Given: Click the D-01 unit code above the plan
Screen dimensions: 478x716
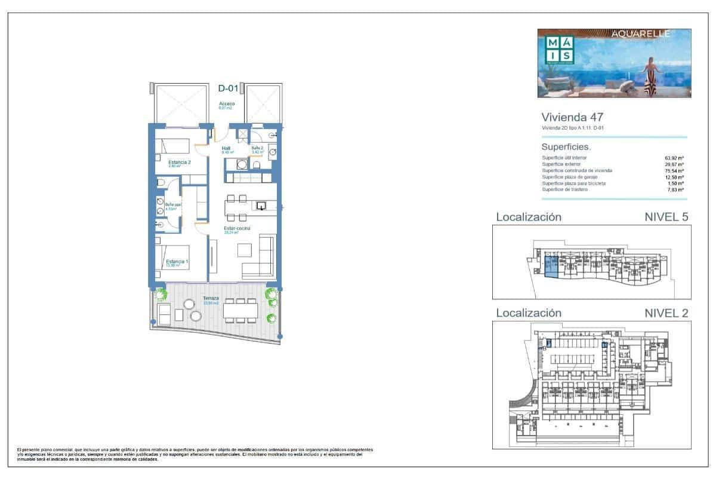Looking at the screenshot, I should (x=228, y=89).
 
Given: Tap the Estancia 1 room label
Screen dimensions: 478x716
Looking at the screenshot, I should (x=178, y=262).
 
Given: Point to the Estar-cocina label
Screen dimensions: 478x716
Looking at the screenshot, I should (x=237, y=228).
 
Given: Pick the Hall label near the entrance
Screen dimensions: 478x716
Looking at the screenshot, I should (x=226, y=148).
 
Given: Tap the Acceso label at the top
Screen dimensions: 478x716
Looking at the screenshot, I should (x=227, y=104).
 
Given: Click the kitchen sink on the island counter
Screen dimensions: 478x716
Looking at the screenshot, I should (x=261, y=206).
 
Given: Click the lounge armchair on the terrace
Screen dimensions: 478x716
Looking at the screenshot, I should (x=163, y=312).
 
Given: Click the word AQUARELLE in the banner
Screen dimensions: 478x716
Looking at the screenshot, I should (x=641, y=34).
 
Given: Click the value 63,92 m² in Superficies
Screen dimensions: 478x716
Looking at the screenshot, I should (x=674, y=158).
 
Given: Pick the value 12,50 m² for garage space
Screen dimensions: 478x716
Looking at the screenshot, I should (x=674, y=177).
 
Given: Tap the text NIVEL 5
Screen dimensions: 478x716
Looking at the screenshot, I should (x=666, y=217).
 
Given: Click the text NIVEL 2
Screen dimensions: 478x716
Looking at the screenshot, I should (x=666, y=313).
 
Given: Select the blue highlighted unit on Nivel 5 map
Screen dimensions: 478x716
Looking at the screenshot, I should (x=552, y=267).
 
